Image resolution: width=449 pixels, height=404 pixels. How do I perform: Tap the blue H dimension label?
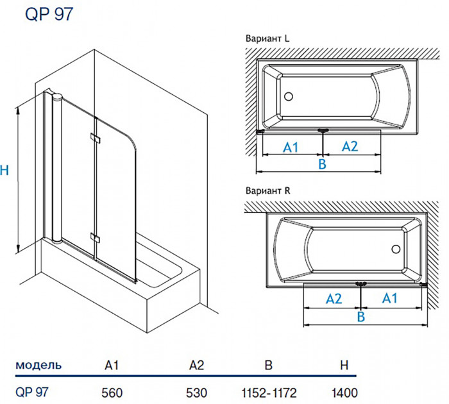[x=5, y=171]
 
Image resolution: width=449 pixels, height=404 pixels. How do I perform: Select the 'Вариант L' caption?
[x=268, y=38]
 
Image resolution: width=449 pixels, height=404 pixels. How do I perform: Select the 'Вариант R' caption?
[x=268, y=191]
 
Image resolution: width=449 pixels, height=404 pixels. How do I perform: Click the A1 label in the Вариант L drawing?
[x=292, y=147]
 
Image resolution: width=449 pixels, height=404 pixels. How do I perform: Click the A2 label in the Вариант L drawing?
[x=349, y=147]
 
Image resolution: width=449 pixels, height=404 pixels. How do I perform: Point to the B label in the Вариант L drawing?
[x=323, y=165]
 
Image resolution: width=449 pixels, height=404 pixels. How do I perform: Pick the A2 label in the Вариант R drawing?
[x=334, y=298]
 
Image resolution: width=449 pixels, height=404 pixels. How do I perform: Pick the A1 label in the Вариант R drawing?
[x=391, y=298]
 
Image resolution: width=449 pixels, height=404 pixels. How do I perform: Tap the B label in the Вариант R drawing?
[x=360, y=317]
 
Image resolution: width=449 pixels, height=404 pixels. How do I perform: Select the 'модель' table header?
[x=38, y=366]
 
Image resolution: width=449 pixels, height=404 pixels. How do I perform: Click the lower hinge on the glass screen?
[x=96, y=238]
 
